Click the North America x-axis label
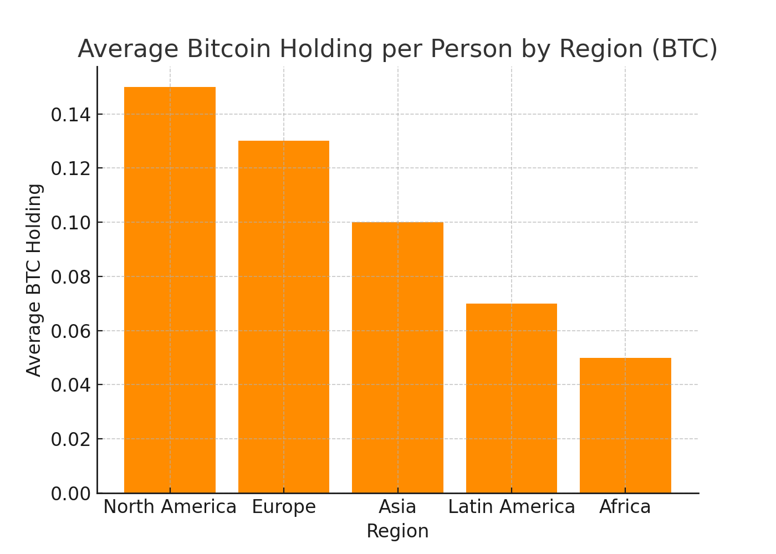(170, 507)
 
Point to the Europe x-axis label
(284, 507)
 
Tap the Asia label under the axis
(397, 507)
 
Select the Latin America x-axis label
(512, 507)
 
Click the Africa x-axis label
(625, 507)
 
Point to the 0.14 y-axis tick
(70, 115)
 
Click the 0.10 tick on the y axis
(70, 223)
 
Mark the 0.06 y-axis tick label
(70, 331)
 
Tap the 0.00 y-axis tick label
(70, 494)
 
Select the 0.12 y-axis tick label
(70, 168)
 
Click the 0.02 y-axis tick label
(70, 439)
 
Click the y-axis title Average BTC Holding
(34, 280)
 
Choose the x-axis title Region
(397, 531)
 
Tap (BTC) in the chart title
(685, 49)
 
